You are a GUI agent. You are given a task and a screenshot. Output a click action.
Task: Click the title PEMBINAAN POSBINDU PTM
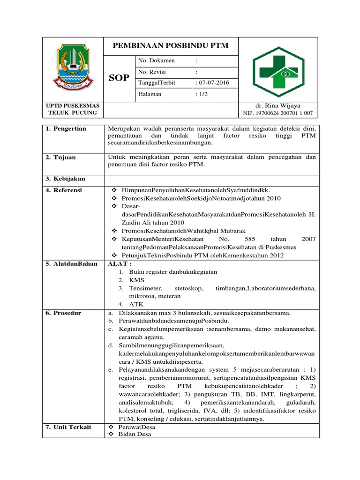tap(171, 45)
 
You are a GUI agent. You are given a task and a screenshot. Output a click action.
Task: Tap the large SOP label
tap(119, 78)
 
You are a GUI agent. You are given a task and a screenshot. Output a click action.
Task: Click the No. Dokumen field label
tap(156, 60)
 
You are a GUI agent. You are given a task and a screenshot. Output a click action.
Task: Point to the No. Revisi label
tap(152, 72)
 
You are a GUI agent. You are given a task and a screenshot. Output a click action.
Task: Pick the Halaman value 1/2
tap(202, 94)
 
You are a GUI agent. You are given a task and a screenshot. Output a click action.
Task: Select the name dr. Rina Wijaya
tap(278, 106)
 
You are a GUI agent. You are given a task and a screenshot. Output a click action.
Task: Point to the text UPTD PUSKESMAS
tap(73, 106)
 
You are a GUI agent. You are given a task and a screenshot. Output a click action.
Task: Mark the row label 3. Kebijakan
tap(66, 179)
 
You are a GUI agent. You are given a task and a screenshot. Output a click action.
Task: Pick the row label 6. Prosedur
tap(64, 313)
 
